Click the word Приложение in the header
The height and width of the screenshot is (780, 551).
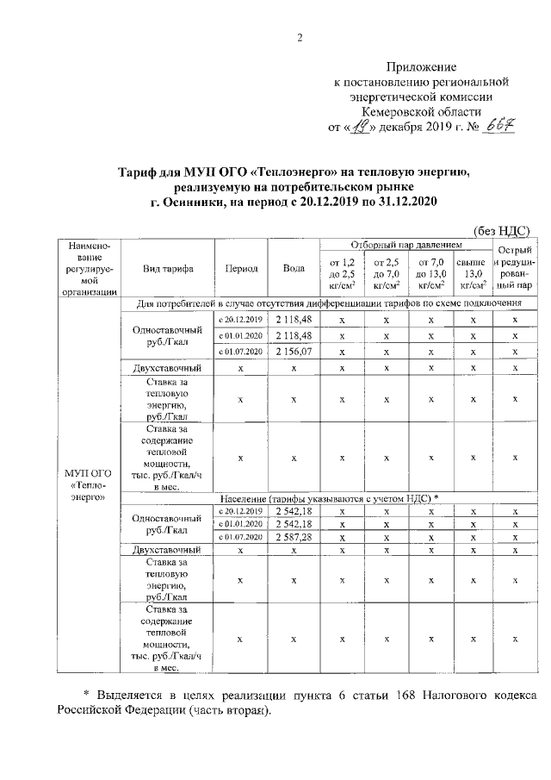[x=421, y=66]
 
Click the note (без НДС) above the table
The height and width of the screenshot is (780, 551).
[x=503, y=230]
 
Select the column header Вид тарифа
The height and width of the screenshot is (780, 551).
[x=169, y=268]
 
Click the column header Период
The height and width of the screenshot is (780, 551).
[x=241, y=268]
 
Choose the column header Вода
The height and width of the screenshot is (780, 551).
[x=294, y=268]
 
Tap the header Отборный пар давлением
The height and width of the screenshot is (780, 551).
[x=405, y=246]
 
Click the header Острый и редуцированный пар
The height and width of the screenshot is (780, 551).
[x=515, y=267]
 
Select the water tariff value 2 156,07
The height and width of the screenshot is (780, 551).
[x=294, y=352]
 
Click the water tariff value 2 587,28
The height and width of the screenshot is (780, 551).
[x=294, y=537]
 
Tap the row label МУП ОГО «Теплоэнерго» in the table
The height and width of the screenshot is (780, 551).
[x=83, y=485]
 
